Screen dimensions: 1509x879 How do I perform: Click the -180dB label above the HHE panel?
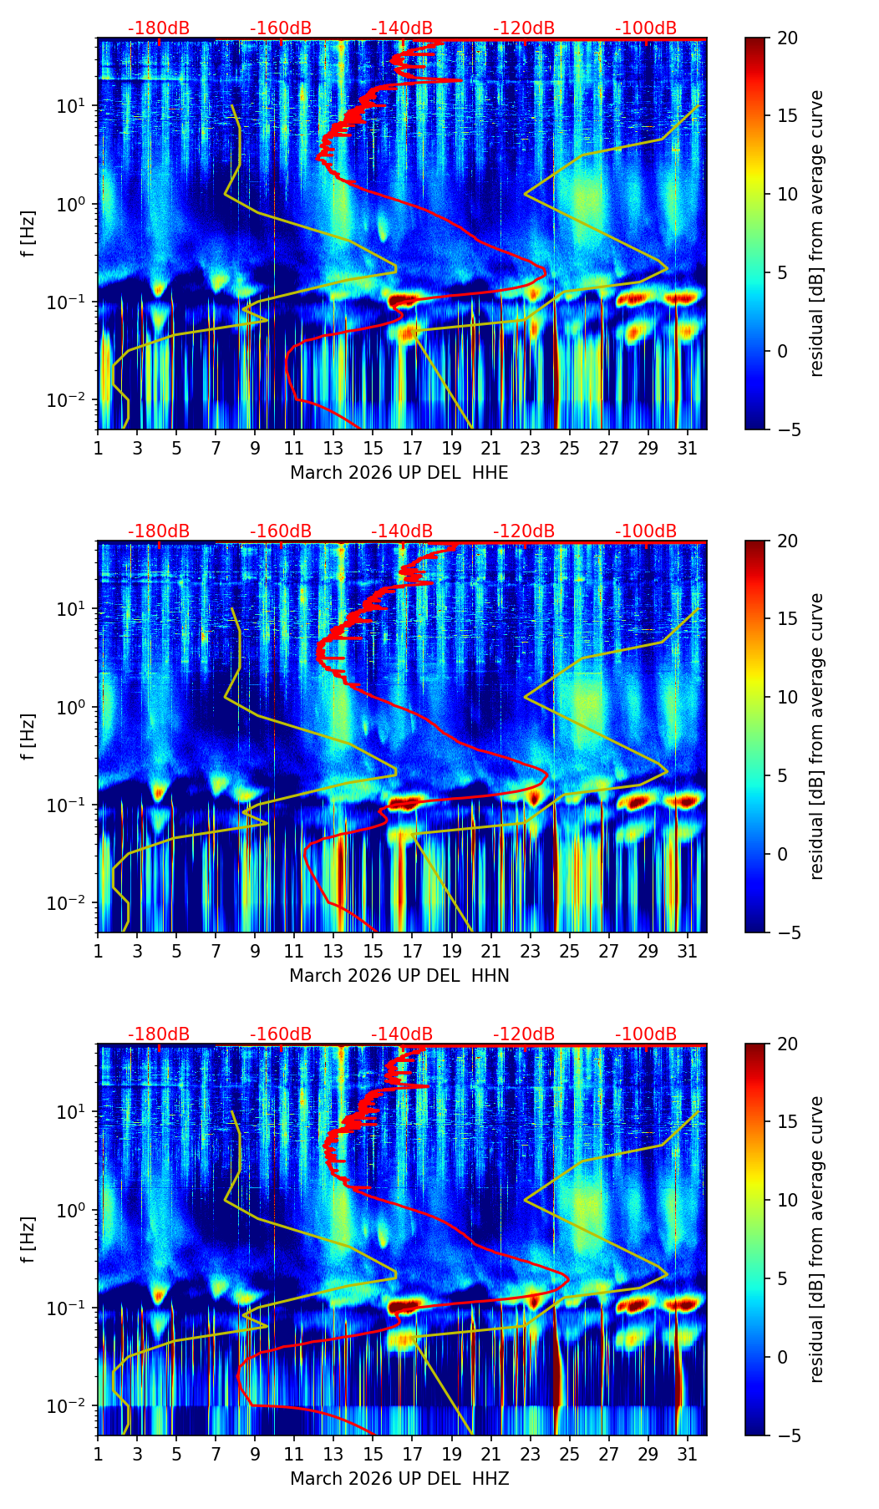159,28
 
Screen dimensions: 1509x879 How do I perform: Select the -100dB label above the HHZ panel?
646,1034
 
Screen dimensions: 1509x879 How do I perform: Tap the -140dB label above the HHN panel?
402,531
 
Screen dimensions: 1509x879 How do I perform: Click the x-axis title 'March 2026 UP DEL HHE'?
399,473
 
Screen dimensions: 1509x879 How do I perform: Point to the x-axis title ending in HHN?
399,976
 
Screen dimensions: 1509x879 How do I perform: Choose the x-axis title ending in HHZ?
399,1479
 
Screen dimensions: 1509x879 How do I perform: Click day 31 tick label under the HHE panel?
687,449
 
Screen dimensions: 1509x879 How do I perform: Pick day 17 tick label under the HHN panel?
412,952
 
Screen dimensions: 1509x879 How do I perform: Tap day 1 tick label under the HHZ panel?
98,1455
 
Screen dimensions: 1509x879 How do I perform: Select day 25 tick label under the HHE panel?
569,449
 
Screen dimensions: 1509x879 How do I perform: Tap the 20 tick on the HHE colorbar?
787,38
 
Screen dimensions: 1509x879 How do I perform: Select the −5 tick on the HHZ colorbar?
787,1435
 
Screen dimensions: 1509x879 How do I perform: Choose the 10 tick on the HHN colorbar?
787,697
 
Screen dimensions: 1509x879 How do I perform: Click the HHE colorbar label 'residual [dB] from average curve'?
817,233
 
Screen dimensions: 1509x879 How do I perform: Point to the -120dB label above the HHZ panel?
524,1034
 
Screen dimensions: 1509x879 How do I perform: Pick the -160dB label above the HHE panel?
281,28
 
